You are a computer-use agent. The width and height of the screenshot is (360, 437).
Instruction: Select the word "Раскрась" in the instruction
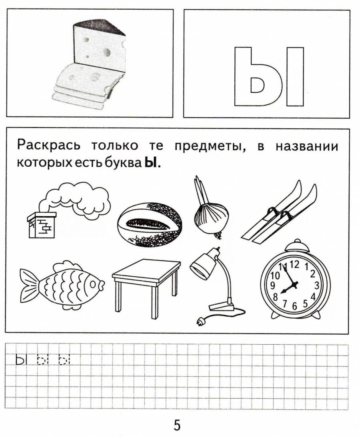[48, 146]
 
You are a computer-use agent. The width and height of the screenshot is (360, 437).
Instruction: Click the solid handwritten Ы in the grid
[20, 360]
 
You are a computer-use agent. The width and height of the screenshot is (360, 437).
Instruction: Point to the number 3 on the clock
[316, 285]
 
